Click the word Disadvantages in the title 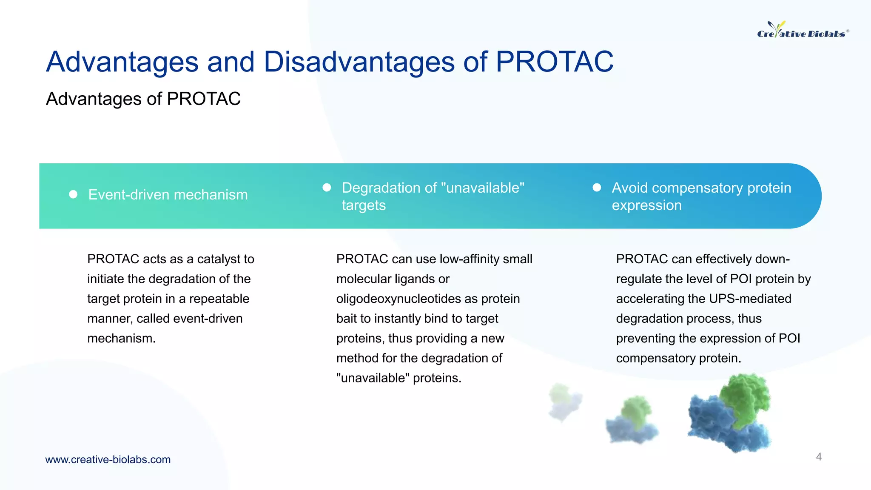tap(359, 62)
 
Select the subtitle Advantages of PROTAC tap(143, 99)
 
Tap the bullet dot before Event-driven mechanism tap(73, 194)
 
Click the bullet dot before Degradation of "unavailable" tap(327, 188)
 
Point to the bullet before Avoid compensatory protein tap(597, 188)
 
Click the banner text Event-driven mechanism tap(168, 195)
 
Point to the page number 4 tap(818, 457)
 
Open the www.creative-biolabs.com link tap(108, 459)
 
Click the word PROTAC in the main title tap(554, 62)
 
